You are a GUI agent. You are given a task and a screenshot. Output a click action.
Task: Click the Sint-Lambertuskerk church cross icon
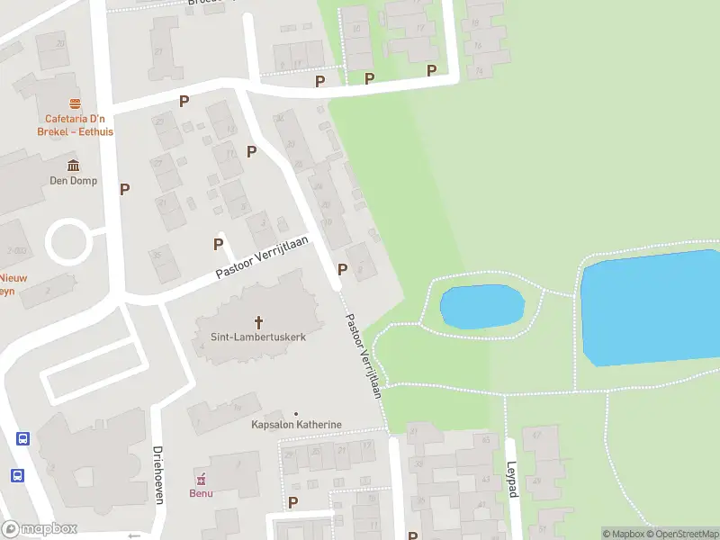[x=259, y=321]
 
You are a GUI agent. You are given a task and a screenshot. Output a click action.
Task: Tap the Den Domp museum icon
[x=73, y=165]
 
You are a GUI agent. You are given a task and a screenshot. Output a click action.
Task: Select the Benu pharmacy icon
[x=201, y=479]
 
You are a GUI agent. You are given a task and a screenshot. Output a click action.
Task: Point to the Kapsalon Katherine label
[x=296, y=425]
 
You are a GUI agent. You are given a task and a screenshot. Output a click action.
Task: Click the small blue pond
[x=481, y=307]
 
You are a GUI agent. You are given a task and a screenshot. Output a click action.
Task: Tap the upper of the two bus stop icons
[x=22, y=439]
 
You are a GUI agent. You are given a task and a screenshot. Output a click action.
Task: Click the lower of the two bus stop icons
[x=17, y=475]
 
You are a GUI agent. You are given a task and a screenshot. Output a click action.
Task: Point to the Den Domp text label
[x=73, y=180]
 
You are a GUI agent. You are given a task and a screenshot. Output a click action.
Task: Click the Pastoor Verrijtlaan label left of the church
[x=261, y=257]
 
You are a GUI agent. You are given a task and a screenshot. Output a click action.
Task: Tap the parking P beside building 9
[x=342, y=269]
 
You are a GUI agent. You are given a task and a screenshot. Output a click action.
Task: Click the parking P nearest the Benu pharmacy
[x=292, y=502]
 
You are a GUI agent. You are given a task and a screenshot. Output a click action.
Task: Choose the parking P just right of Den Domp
[x=125, y=189]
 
